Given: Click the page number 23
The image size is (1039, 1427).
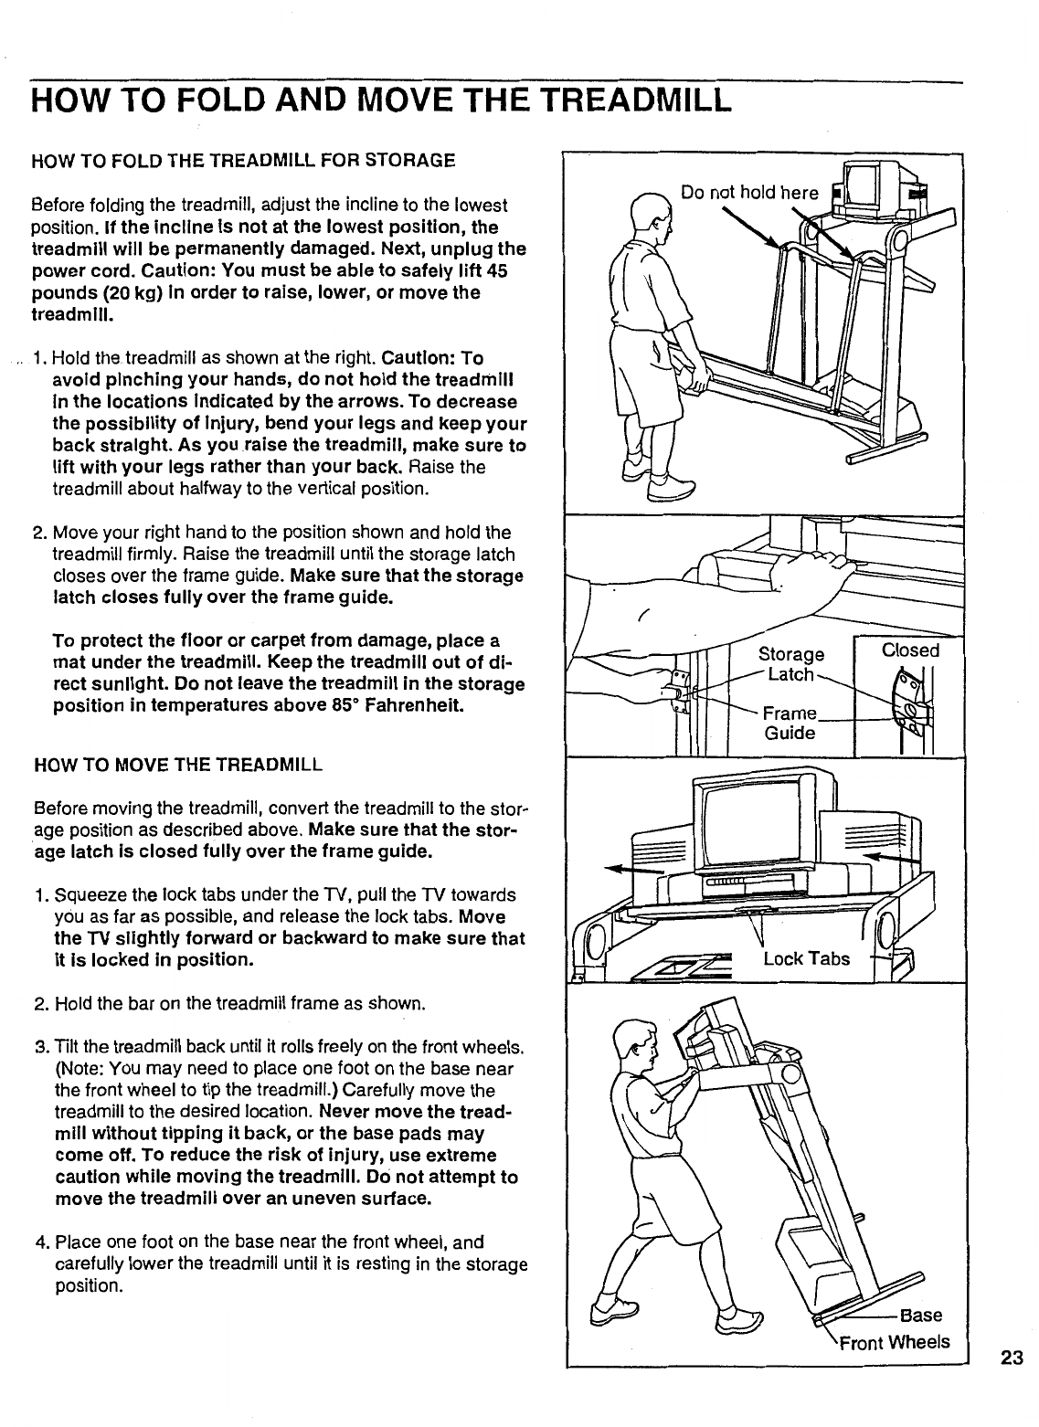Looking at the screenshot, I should point(1011,1357).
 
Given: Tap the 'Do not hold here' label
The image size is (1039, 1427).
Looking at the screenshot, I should point(749,193).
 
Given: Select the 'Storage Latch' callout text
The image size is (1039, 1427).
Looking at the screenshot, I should point(792,664).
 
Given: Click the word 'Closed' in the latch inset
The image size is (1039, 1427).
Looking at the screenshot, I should point(910,650).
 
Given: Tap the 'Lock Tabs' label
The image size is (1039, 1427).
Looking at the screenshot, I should point(806,958).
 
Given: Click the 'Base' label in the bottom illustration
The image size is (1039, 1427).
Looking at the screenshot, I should point(920,1316).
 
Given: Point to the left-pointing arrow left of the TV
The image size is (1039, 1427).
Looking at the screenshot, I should point(631,868).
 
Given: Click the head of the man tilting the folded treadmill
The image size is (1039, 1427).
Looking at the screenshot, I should point(636,1045).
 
